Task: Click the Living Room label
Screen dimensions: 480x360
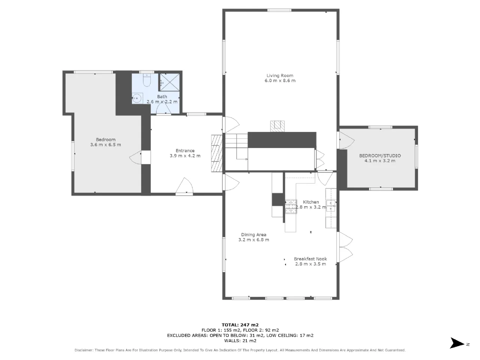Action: coord(280,76)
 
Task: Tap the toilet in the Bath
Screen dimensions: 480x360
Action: coord(147,80)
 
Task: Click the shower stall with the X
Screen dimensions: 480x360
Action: coord(170,82)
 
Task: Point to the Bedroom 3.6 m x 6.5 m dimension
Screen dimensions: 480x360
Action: coord(106,145)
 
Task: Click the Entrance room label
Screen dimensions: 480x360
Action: coord(185,151)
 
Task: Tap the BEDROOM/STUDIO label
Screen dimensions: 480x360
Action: coord(380,156)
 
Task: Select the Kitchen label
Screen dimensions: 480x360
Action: coord(311,202)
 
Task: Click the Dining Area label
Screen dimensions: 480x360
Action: coord(253,234)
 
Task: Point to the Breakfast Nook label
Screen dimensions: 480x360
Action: coord(310,259)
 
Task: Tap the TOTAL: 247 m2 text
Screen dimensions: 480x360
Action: coord(240,325)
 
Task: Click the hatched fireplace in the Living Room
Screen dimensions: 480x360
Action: coord(277,126)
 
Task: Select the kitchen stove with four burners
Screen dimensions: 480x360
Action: coord(291,207)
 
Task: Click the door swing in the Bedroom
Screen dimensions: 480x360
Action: coord(135,157)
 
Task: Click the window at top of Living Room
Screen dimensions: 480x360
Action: coord(279,10)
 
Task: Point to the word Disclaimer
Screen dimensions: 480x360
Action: coord(84,350)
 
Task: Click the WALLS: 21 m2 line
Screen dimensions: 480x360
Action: coord(240,340)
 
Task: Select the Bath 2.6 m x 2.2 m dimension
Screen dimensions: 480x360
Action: coord(162,102)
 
